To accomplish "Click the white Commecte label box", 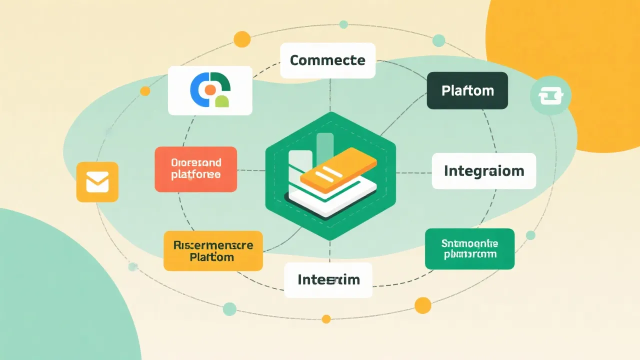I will click(x=327, y=60).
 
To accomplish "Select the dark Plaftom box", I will click(x=467, y=90).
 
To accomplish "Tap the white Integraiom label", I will click(x=483, y=171).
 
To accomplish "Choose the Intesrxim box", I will click(x=328, y=280).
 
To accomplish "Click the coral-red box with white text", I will click(x=195, y=169).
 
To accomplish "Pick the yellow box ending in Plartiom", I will click(x=213, y=251).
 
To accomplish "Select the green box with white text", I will click(x=469, y=249).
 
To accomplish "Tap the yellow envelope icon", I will click(x=97, y=182).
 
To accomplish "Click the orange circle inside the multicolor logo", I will click(x=210, y=89).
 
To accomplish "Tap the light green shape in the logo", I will click(x=221, y=101).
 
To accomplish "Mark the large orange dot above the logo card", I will click(x=242, y=38).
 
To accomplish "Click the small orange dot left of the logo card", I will click(x=145, y=91).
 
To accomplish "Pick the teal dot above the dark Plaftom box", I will click(x=438, y=40).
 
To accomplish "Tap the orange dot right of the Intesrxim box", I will click(x=422, y=304).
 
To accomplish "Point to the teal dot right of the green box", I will click(x=530, y=235).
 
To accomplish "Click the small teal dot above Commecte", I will click(x=343, y=24).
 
